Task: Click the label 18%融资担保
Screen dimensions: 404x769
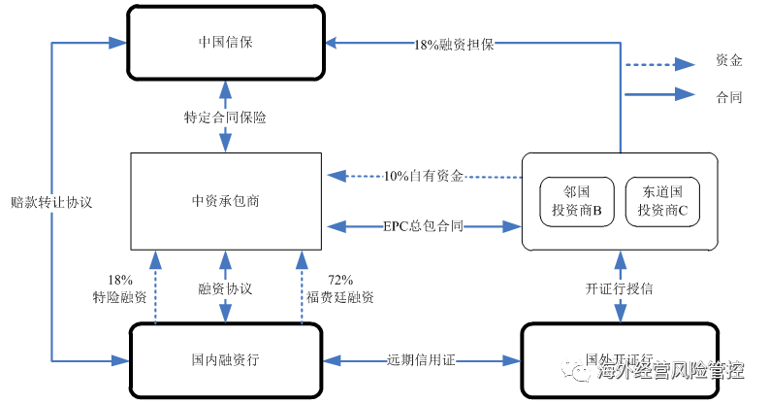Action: (x=454, y=45)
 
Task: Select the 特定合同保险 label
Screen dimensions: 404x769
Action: (x=225, y=118)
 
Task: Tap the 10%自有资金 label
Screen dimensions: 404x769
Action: (x=424, y=176)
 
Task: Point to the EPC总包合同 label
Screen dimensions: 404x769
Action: (x=424, y=226)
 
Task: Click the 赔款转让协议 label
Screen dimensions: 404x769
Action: (x=51, y=203)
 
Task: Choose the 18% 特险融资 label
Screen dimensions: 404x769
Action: (x=120, y=289)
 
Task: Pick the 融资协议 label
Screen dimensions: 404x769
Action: (x=225, y=288)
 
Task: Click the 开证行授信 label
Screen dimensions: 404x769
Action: (x=620, y=288)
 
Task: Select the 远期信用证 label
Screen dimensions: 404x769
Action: (x=421, y=360)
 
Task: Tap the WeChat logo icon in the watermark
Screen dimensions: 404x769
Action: (x=575, y=370)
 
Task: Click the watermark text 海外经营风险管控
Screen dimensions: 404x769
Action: (x=670, y=370)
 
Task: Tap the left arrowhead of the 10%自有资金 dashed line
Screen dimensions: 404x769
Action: (x=336, y=176)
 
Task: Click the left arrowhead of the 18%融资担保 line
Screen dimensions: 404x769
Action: (x=332, y=43)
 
